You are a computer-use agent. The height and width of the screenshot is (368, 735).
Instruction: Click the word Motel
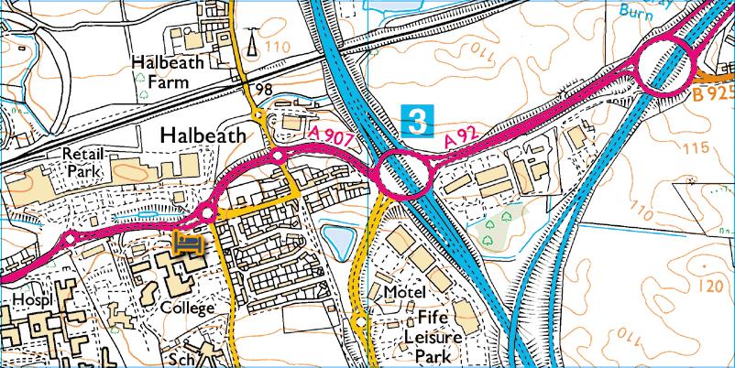406,292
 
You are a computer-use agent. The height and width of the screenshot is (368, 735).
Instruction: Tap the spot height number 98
266,89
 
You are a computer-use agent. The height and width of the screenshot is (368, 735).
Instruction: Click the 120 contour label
708,286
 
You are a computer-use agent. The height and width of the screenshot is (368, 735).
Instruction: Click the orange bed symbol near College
189,244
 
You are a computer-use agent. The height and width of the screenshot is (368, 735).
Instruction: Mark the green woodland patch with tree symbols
499,225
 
